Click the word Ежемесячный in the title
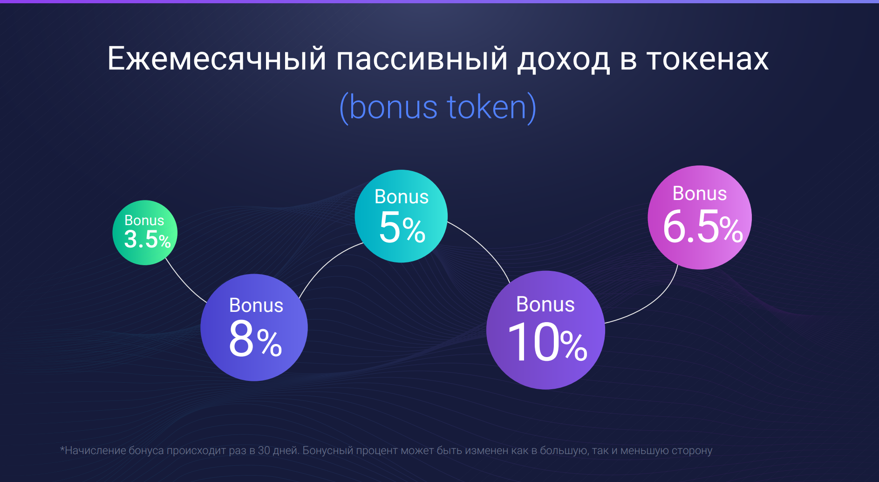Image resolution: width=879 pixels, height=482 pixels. tap(217, 59)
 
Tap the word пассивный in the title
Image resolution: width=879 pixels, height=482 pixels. tap(422, 59)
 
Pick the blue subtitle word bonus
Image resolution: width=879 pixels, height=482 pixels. tap(393, 107)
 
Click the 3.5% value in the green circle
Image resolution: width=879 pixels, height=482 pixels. tap(147, 239)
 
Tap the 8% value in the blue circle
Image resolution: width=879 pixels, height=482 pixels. tap(255, 339)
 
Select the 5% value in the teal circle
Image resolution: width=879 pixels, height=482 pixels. tap(402, 227)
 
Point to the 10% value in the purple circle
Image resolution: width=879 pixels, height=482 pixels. tap(548, 343)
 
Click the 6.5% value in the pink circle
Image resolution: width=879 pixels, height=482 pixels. tap(702, 227)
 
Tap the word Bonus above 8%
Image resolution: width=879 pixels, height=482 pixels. tap(256, 305)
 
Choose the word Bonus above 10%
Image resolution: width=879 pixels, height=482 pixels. tap(545, 304)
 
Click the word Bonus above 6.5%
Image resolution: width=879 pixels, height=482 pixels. tap(700, 193)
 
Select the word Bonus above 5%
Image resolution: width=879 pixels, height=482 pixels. tap(402, 197)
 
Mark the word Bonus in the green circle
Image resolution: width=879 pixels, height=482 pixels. tap(144, 220)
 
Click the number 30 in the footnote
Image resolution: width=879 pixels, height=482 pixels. tap(264, 450)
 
